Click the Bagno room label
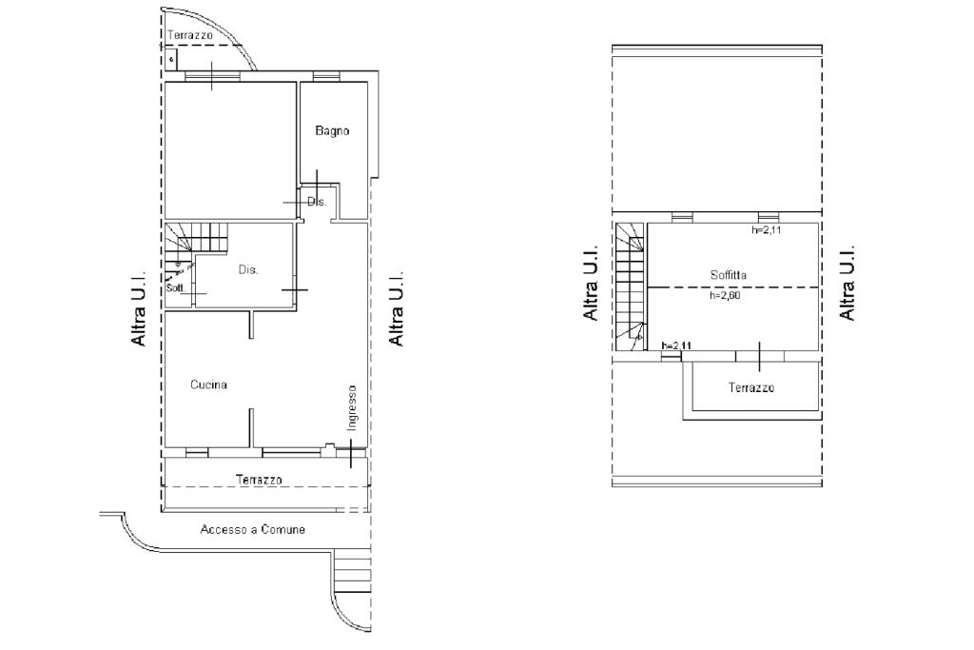pyautogui.click(x=332, y=130)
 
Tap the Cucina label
pyautogui.click(x=208, y=384)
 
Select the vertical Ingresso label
pyautogui.click(x=352, y=407)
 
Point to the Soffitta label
pyautogui.click(x=729, y=275)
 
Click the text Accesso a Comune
pyautogui.click(x=253, y=529)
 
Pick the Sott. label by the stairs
pyautogui.click(x=176, y=288)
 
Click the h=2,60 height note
pyautogui.click(x=725, y=296)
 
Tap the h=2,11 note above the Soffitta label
pyautogui.click(x=766, y=230)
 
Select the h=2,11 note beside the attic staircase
pyautogui.click(x=677, y=345)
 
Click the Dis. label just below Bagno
pyautogui.click(x=317, y=202)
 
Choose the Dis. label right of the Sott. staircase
pyautogui.click(x=248, y=269)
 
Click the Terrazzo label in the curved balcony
pyautogui.click(x=190, y=35)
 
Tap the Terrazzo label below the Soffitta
pyautogui.click(x=751, y=387)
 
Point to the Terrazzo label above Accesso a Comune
pyautogui.click(x=259, y=480)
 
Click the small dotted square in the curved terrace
pyautogui.click(x=171, y=60)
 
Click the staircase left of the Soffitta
pyautogui.click(x=631, y=286)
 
